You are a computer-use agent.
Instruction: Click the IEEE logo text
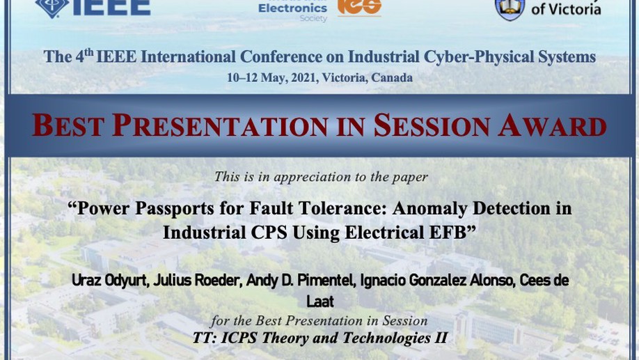111,8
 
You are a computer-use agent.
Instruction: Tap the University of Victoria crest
510,9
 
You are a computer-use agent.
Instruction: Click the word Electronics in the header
292,8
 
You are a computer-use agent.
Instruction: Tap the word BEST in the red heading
68,125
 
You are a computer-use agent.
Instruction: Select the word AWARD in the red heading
552,125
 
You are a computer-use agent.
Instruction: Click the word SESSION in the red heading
432,125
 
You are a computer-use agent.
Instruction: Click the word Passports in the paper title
175,208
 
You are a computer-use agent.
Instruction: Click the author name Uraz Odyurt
109,281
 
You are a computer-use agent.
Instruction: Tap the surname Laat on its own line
320,302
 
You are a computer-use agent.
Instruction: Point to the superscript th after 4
88,52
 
